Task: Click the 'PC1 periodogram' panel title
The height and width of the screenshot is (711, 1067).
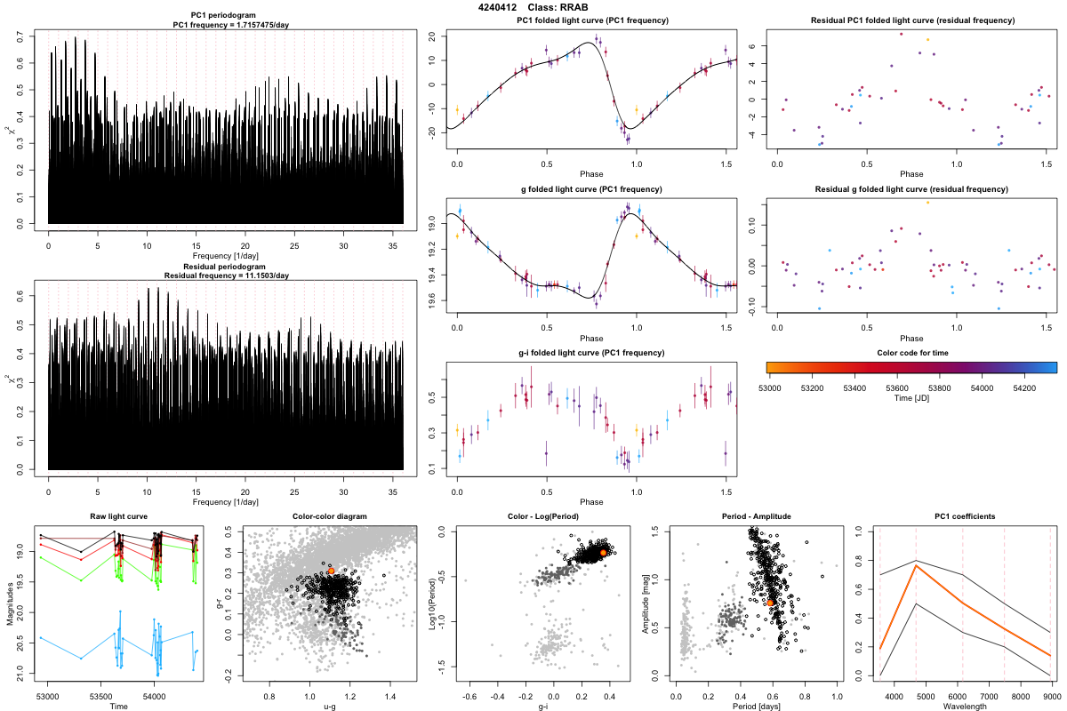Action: pyautogui.click(x=226, y=17)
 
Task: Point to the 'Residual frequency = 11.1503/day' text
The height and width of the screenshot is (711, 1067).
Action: pyautogui.click(x=226, y=276)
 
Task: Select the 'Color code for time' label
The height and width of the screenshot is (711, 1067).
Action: pyautogui.click(x=911, y=353)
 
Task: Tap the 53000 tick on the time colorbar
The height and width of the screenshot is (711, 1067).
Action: pyautogui.click(x=770, y=388)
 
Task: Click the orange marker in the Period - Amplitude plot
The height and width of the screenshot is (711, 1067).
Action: pyautogui.click(x=771, y=603)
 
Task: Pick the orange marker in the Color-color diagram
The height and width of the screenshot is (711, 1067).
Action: pyautogui.click(x=331, y=571)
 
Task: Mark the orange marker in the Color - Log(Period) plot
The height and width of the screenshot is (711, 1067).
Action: pyautogui.click(x=603, y=553)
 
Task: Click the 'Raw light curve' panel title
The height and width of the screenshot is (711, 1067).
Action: pyautogui.click(x=118, y=516)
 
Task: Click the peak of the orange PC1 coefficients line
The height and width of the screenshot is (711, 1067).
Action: pyautogui.click(x=916, y=566)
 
